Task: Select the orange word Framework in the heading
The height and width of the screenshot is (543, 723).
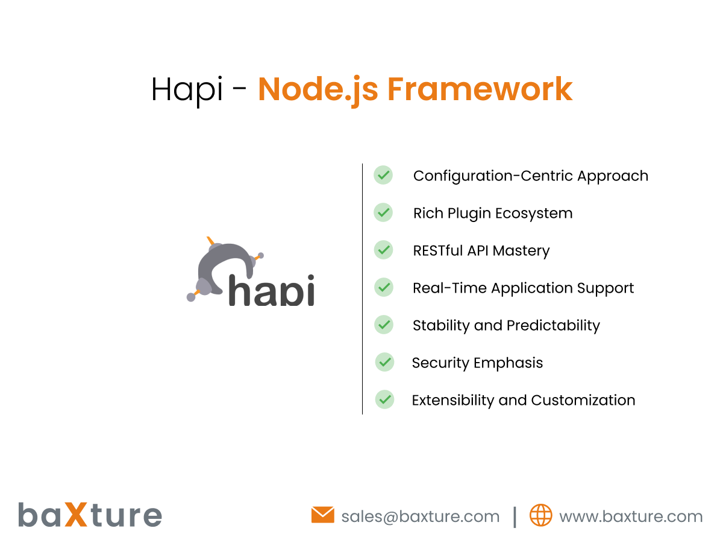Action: (480, 89)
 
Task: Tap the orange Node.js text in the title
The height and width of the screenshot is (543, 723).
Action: (318, 90)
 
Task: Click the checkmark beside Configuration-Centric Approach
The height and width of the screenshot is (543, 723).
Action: (383, 175)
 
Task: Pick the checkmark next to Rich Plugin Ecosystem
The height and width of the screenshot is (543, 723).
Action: (383, 212)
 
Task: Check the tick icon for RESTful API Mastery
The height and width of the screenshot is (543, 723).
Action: (383, 250)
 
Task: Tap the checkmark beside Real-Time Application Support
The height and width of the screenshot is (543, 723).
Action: (384, 287)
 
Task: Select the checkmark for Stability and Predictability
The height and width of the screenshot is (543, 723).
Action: (384, 325)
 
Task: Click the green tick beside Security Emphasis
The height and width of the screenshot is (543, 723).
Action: (385, 362)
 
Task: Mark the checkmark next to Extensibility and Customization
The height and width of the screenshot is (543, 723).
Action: (385, 399)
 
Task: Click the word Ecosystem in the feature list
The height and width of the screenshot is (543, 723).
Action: (534, 214)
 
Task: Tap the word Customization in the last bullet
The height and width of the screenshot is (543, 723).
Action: (583, 400)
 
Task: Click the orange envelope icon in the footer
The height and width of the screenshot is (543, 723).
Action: (322, 515)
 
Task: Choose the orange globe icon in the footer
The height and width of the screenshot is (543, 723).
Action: (540, 515)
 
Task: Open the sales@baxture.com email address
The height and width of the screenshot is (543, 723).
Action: (421, 516)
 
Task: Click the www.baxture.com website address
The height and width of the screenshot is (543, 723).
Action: (631, 516)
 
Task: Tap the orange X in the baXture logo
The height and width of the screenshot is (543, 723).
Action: (76, 514)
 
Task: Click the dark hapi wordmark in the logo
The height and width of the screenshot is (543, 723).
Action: (271, 290)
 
